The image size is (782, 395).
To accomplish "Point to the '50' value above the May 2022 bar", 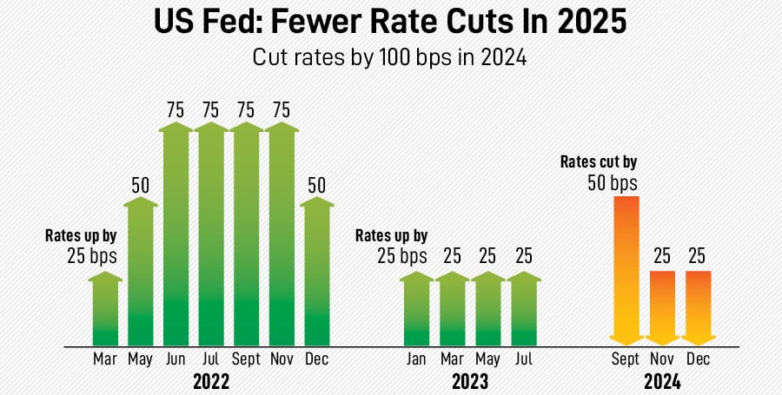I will [x=141, y=184].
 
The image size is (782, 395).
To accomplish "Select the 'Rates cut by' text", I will [x=598, y=161].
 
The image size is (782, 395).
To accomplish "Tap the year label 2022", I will [x=211, y=381].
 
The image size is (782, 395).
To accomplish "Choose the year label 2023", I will [x=469, y=381].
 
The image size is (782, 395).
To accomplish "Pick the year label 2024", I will [x=662, y=381].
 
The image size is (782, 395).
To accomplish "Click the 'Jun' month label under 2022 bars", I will [x=176, y=359].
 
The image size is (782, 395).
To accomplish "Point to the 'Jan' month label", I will [x=416, y=359].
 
